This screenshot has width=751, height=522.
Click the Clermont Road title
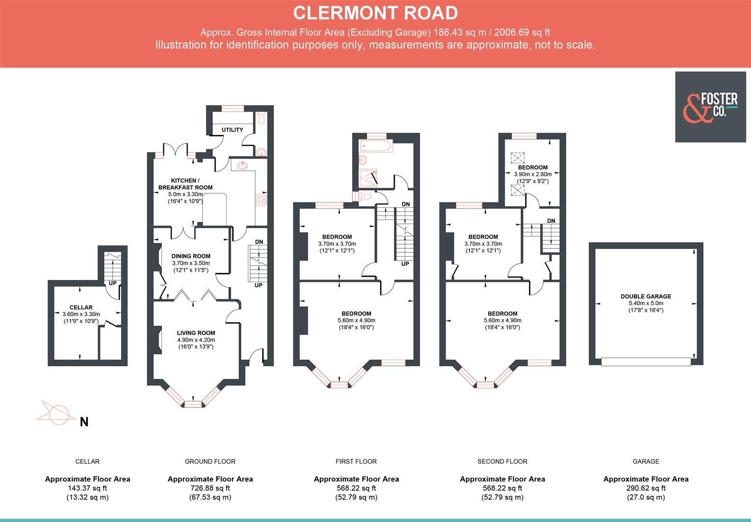375,13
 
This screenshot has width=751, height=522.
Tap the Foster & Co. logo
710,107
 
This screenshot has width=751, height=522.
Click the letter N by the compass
84,422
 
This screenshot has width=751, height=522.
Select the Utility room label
232,130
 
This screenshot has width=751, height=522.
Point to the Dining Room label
191,256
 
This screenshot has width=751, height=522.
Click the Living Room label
196,333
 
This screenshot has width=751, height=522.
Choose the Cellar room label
81,307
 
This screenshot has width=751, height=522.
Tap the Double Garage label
646,297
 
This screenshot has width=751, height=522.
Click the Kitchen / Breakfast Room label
185,184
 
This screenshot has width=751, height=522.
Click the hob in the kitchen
261,199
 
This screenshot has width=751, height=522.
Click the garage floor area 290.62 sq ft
646,488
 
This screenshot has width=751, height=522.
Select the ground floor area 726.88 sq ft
210,488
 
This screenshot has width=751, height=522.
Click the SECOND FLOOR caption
502,462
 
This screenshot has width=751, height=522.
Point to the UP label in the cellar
112,283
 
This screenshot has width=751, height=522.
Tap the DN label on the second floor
551,221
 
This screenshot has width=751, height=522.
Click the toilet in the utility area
261,118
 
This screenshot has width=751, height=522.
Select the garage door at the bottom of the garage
646,361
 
